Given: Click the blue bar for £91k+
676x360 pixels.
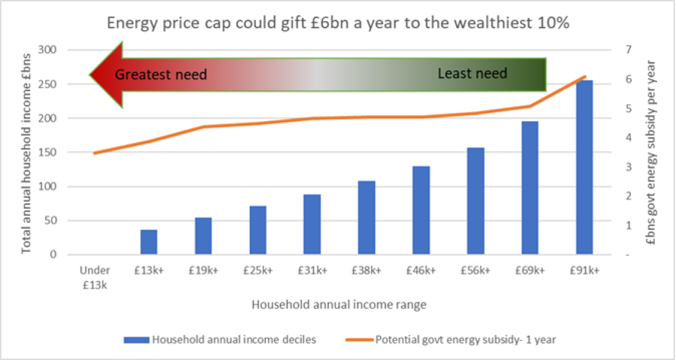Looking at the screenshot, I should point(584,167).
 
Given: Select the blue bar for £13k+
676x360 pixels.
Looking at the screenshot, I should point(149,242).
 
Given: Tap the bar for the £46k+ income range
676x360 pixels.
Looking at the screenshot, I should point(421,210).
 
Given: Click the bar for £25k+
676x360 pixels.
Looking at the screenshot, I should point(258,230).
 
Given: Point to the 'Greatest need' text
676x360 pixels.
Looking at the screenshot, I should point(160,75).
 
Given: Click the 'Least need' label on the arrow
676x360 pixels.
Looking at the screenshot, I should point(472,74).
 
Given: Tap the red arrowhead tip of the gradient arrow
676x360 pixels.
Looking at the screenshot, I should point(92,75).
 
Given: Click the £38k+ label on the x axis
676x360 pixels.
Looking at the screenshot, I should point(366,271).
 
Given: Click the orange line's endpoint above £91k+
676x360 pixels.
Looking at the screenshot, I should point(584,77).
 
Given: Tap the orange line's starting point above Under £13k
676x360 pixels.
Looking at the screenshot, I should point(94,153).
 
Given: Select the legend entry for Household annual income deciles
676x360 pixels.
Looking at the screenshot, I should point(220,340).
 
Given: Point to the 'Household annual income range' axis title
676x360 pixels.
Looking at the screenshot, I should point(339,305).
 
